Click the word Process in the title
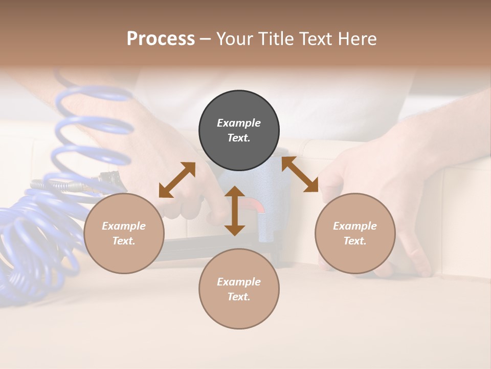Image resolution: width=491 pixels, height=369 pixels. pyautogui.click(x=161, y=38)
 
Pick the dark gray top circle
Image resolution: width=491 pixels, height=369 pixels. pyautogui.click(x=239, y=130)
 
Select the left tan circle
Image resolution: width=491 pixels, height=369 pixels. pyautogui.click(x=124, y=233)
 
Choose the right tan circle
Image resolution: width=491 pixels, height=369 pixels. pyautogui.click(x=355, y=233)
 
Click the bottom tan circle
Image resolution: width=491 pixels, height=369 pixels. pyautogui.click(x=239, y=289)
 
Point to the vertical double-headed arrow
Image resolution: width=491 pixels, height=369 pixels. pyautogui.click(x=235, y=211)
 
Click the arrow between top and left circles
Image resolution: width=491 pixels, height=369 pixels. pyautogui.click(x=177, y=180)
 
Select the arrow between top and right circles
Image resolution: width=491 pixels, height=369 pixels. pyautogui.click(x=300, y=174)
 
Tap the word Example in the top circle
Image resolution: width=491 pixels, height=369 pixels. pyautogui.click(x=239, y=122)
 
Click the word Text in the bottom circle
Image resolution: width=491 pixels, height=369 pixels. pyautogui.click(x=239, y=297)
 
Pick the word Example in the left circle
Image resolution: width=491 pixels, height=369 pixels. pyautogui.click(x=124, y=225)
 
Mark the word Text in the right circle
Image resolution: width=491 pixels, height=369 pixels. pyautogui.click(x=355, y=241)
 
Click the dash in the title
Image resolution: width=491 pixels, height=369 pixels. pyautogui.click(x=205, y=39)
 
